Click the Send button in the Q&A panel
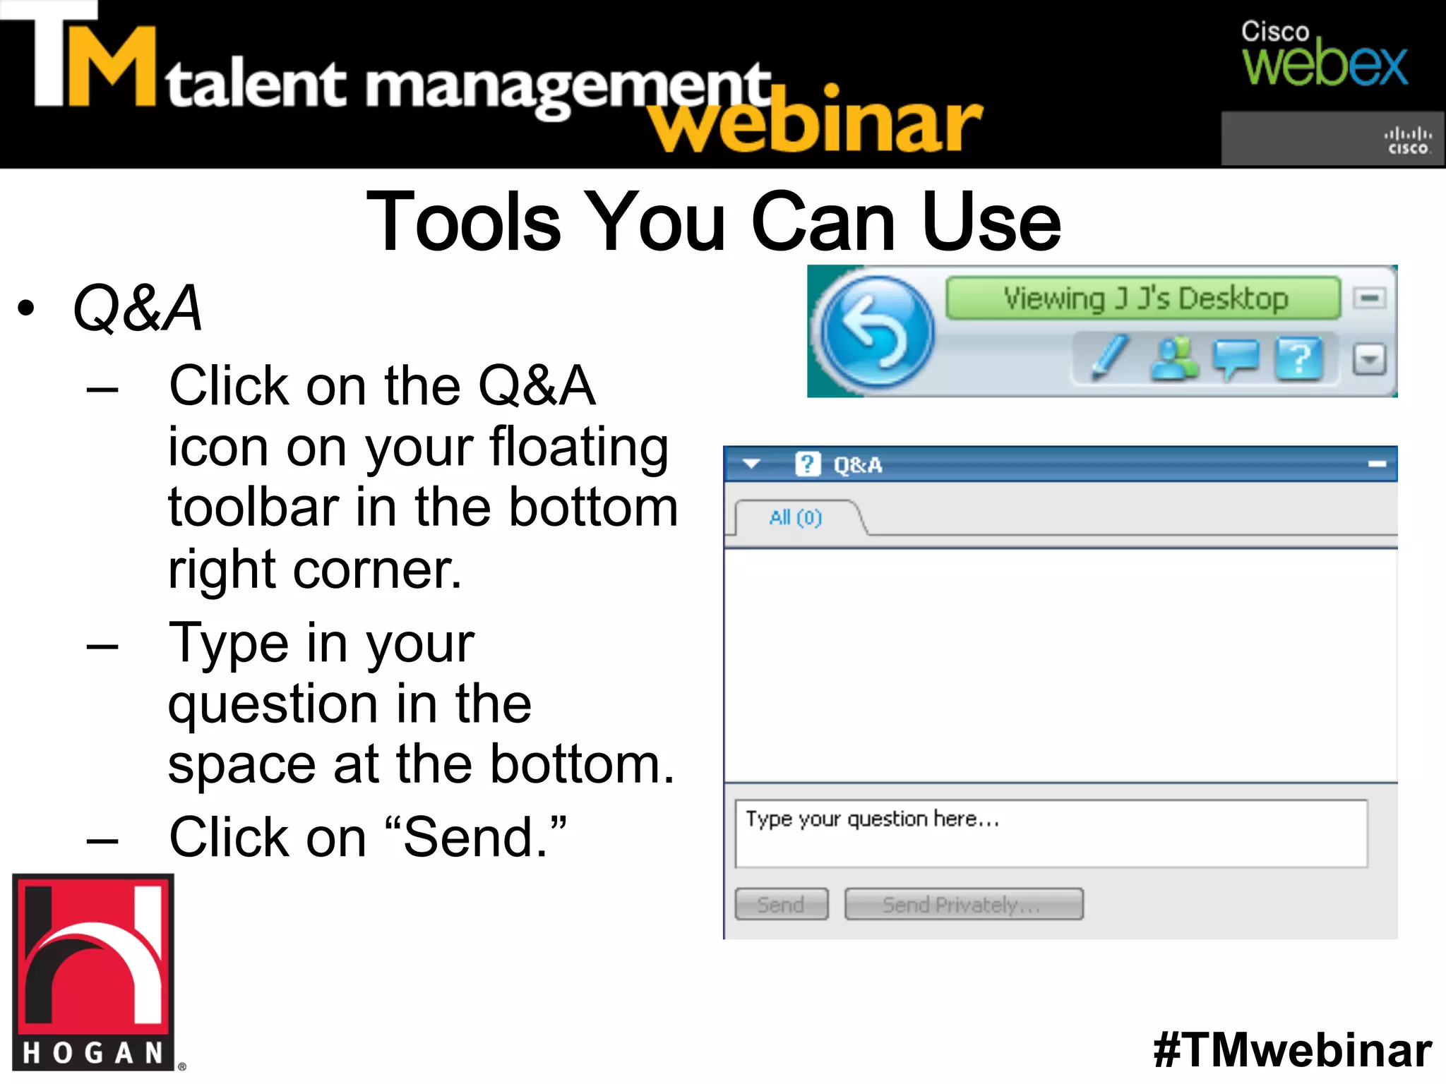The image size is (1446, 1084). coord(781,904)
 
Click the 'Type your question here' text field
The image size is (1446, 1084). coord(1051,833)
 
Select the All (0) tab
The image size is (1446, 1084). coord(796,518)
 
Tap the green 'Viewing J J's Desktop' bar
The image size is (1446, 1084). coord(1144,299)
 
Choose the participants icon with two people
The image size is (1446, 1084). coord(1173,359)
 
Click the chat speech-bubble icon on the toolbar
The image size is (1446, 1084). coord(1236,359)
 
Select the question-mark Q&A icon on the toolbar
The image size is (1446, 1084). coord(1298,359)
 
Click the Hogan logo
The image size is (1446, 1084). coord(93,972)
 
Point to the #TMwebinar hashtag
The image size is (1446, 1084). coord(1292,1050)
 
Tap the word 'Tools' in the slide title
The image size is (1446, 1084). coord(464,222)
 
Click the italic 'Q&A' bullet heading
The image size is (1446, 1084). coord(138,308)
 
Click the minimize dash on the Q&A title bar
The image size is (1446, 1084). coord(1377,464)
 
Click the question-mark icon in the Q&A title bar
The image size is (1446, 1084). coord(808,464)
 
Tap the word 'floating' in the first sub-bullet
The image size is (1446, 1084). coord(579,447)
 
